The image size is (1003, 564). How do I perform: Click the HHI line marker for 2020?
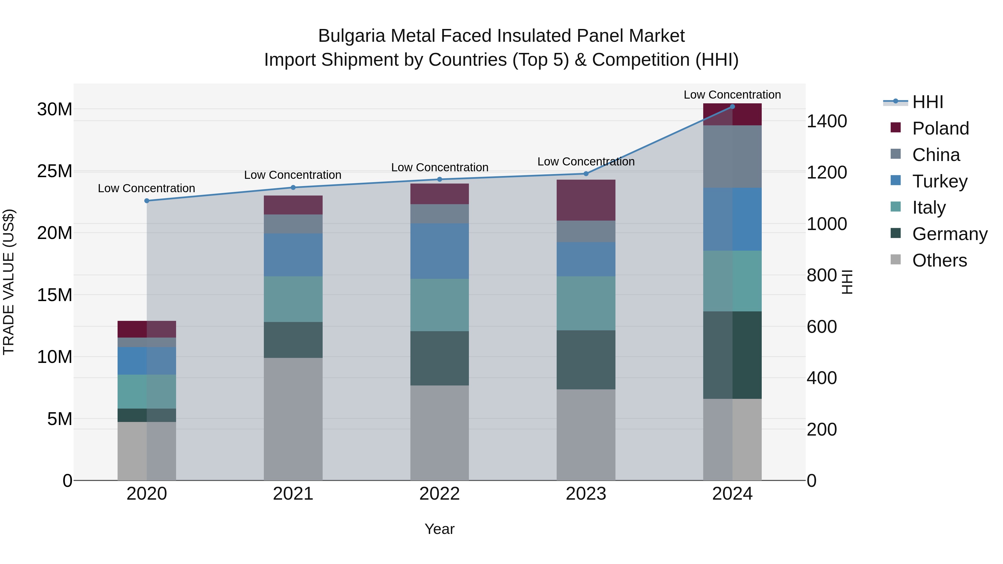[x=147, y=201]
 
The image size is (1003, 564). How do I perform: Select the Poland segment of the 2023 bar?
[x=586, y=200]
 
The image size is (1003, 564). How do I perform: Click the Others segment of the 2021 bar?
[x=293, y=419]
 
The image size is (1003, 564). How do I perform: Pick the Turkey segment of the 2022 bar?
[x=440, y=251]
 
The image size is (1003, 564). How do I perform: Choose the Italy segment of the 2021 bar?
[x=293, y=299]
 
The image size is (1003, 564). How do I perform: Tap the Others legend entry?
[x=939, y=260]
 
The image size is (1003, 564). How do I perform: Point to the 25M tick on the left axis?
[x=55, y=171]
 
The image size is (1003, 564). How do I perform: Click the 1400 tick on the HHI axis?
[x=827, y=121]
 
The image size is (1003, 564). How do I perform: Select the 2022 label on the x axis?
[x=440, y=494]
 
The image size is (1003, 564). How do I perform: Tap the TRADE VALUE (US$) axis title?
[x=9, y=282]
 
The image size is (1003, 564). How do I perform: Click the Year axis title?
[x=440, y=529]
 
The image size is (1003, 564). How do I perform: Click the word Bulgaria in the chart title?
[x=352, y=36]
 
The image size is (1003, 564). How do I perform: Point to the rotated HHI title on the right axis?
[x=847, y=282]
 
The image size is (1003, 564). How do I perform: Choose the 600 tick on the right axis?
[x=822, y=327]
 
